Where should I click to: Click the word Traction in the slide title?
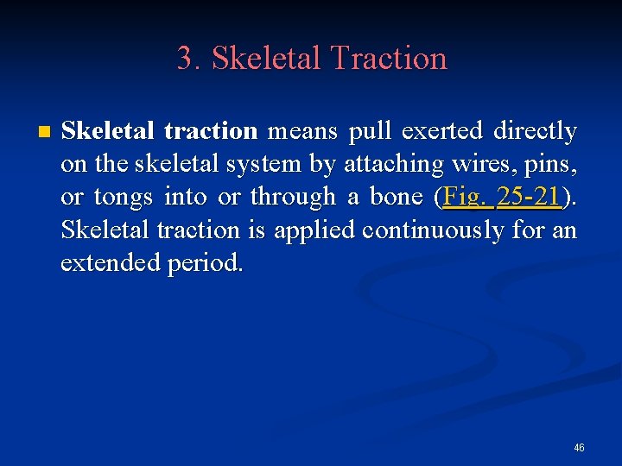(x=389, y=59)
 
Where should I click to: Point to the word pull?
(x=369, y=131)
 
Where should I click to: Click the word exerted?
(x=441, y=131)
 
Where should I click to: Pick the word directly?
(x=535, y=131)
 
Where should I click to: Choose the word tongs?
(x=124, y=197)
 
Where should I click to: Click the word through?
(x=292, y=197)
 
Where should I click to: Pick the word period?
(x=206, y=262)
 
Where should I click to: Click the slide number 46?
(x=579, y=448)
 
